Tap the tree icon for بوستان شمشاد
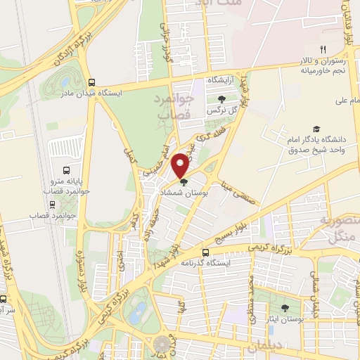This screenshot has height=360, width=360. [x=184, y=183]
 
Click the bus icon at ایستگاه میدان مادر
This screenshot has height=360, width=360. [x=91, y=81]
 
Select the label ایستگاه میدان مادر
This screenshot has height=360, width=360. [x=92, y=92]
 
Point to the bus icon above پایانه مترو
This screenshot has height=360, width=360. [x=66, y=170]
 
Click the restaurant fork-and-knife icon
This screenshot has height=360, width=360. [x=323, y=49]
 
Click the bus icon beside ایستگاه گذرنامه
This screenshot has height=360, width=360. [x=205, y=252]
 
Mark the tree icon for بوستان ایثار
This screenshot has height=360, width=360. [x=285, y=308]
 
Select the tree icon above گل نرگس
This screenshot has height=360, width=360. [x=222, y=99]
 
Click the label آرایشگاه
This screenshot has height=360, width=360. [x=221, y=82]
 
